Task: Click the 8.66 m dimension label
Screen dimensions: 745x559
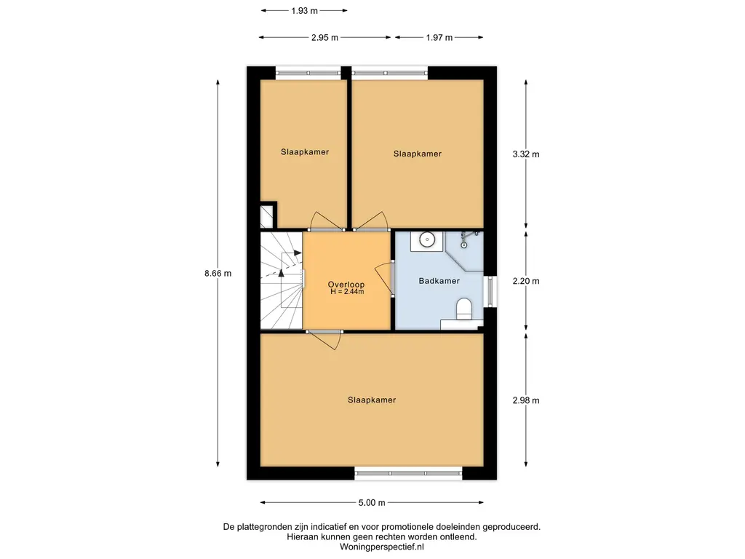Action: [218, 274]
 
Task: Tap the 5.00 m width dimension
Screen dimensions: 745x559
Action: [372, 502]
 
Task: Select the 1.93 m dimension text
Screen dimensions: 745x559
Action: [304, 10]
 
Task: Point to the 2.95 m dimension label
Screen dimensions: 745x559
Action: [324, 38]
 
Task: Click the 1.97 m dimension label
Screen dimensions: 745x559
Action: [439, 38]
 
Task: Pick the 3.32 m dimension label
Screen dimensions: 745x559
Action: [526, 154]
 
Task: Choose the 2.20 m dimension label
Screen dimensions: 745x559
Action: [526, 281]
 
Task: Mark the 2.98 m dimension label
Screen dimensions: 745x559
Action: [526, 400]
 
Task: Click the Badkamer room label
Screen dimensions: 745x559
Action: [439, 281]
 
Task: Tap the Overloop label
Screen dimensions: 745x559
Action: [346, 285]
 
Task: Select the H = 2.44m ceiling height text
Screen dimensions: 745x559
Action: [347, 291]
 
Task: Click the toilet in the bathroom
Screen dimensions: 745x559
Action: [463, 309]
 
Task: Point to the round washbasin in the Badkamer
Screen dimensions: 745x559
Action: [427, 239]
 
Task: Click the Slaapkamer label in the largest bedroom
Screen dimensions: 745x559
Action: [372, 400]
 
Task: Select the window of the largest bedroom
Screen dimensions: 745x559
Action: [408, 473]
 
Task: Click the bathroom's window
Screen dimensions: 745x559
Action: [490, 291]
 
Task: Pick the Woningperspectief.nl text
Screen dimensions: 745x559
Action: [381, 547]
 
